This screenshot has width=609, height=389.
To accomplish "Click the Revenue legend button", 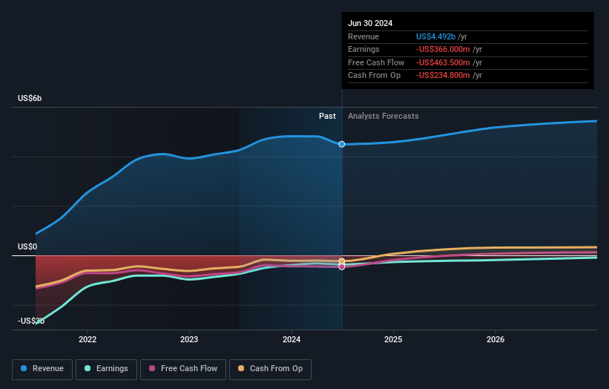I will [x=43, y=368].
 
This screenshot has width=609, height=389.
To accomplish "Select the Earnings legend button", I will [x=106, y=368].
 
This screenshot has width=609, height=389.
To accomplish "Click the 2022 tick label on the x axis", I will [x=88, y=339].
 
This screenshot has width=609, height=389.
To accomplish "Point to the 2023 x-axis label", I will [x=189, y=339].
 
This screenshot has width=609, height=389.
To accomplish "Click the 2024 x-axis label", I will [x=292, y=339].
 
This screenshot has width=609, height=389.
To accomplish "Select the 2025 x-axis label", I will [x=393, y=339].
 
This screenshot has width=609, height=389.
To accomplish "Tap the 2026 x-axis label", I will [x=496, y=339].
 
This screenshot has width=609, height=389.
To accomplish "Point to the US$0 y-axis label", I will [x=27, y=246].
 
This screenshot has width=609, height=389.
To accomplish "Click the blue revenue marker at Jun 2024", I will [x=342, y=144].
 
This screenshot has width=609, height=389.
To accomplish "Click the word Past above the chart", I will [x=327, y=116].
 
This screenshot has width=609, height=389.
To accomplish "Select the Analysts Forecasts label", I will [x=383, y=116].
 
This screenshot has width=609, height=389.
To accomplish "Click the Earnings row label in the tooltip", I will [x=363, y=50].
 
